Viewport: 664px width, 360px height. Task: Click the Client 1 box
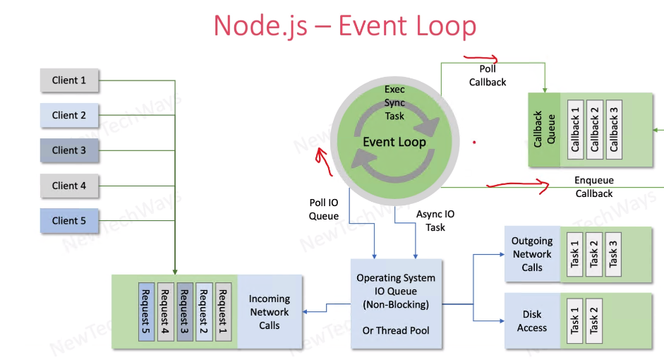coord(68,80)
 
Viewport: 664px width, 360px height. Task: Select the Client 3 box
coord(68,150)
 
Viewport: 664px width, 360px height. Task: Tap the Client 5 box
coord(68,221)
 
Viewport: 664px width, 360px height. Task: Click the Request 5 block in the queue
coord(146,311)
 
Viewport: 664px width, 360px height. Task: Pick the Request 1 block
coord(223,311)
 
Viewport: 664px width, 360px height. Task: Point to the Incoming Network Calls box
coord(269,312)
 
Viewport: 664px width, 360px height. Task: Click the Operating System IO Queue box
coord(395,304)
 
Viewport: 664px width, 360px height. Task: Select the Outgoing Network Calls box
coord(532,254)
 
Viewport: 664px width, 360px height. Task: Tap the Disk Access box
coord(532,321)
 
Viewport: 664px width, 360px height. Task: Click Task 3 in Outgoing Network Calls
coord(613,253)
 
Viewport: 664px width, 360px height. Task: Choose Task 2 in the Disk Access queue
coord(594,320)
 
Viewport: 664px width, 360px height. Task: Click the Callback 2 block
coord(594,129)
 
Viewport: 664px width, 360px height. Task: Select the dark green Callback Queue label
coord(544,129)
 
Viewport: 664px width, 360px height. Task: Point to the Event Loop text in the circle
coord(394,142)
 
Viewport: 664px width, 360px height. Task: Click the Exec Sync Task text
coord(394,102)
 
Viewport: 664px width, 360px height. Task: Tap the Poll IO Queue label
coord(324,210)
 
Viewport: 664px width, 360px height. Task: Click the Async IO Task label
coord(435,220)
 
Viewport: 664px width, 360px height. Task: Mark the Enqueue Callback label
coord(593,187)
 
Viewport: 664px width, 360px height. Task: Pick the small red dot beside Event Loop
coord(474,142)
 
